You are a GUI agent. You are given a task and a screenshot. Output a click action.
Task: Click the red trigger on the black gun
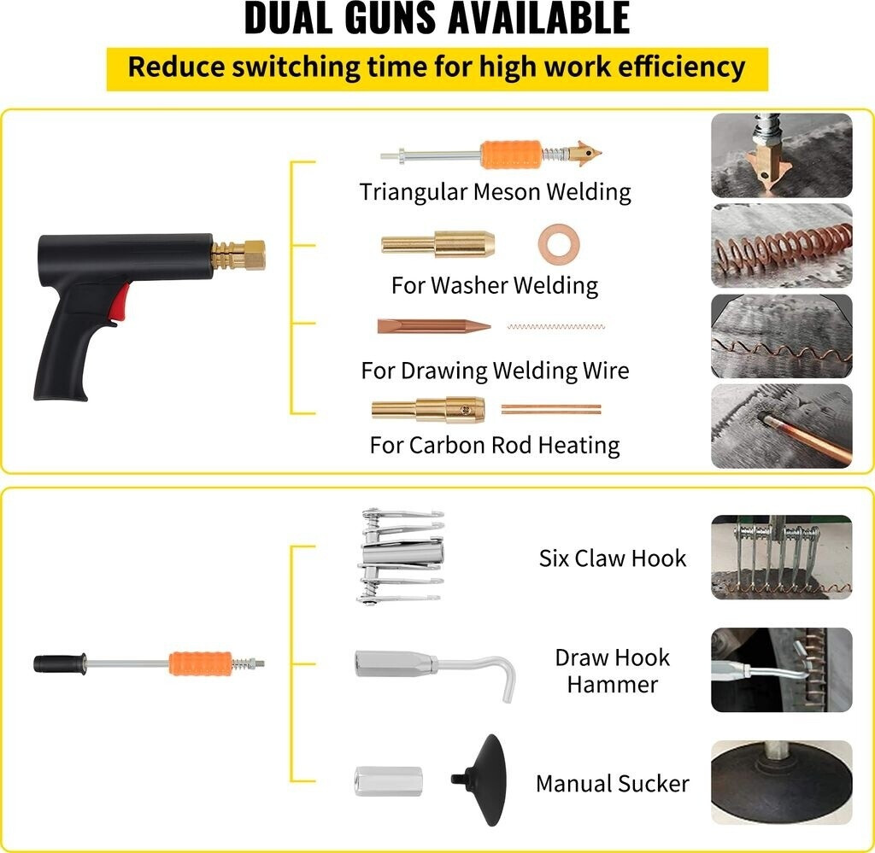(x=120, y=302)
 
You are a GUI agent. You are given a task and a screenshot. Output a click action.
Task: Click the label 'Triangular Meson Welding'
(x=495, y=191)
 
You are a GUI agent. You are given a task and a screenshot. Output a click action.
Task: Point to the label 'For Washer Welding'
(x=494, y=284)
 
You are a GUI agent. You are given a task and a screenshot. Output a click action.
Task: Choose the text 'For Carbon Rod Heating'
(x=494, y=445)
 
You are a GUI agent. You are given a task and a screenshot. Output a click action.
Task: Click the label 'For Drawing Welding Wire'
(x=494, y=371)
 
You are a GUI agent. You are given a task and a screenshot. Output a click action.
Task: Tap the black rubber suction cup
(x=484, y=780)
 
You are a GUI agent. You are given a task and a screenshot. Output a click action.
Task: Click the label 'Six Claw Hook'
(x=612, y=558)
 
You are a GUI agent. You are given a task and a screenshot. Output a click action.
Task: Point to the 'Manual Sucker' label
(x=612, y=784)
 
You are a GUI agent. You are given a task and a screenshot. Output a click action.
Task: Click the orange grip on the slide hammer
(x=200, y=663)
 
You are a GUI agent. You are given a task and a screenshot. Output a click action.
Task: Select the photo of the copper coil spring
(x=781, y=245)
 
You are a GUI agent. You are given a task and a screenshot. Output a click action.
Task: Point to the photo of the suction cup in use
(x=781, y=782)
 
